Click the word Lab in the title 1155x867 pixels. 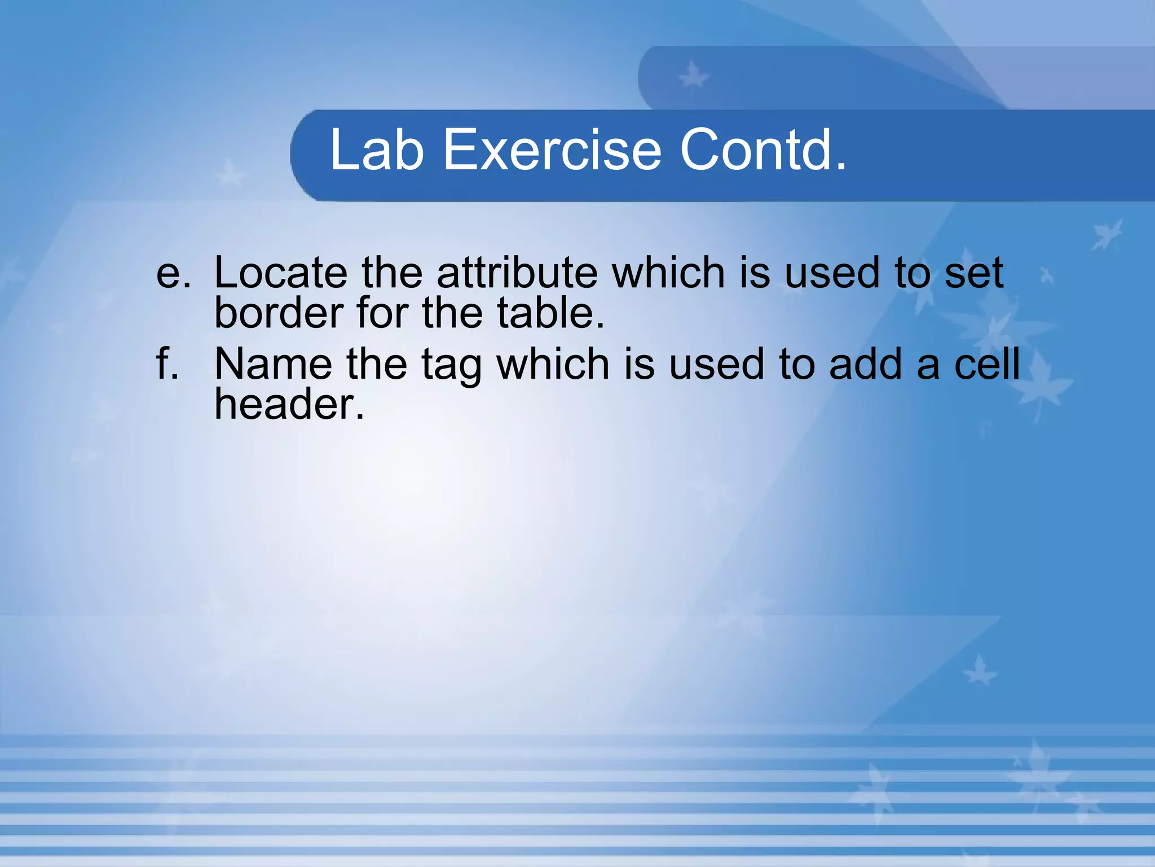[377, 150]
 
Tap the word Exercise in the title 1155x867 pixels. [552, 150]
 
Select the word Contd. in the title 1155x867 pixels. [763, 150]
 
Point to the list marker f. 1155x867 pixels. [167, 364]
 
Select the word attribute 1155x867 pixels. [517, 273]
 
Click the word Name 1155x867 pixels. [273, 364]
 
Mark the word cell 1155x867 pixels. [987, 364]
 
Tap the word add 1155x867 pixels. [866, 364]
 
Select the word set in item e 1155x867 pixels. [975, 273]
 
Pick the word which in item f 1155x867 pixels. [553, 364]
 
